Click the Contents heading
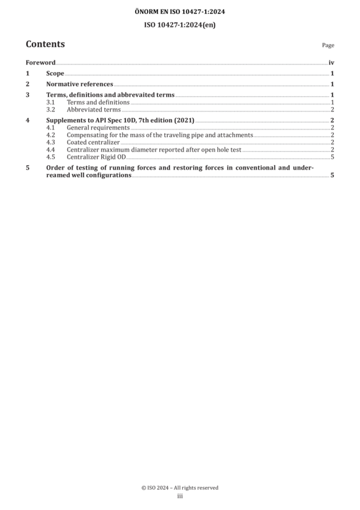(x=45, y=44)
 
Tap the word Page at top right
(x=328, y=45)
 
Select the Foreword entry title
(x=41, y=62)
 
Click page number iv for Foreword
(x=331, y=62)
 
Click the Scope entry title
(x=55, y=73)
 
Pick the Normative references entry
(x=80, y=84)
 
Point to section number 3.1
(x=50, y=102)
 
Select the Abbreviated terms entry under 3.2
(x=94, y=110)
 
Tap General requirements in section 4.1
(x=98, y=128)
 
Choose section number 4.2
(x=50, y=135)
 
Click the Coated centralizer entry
(x=93, y=142)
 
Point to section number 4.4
(x=50, y=150)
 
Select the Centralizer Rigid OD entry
(x=96, y=157)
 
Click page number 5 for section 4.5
(x=333, y=157)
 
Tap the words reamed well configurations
(x=89, y=175)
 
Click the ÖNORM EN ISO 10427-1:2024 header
(x=180, y=11)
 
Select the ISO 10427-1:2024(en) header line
(x=180, y=25)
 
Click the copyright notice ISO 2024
(x=180, y=488)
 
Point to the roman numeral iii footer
(x=180, y=496)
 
